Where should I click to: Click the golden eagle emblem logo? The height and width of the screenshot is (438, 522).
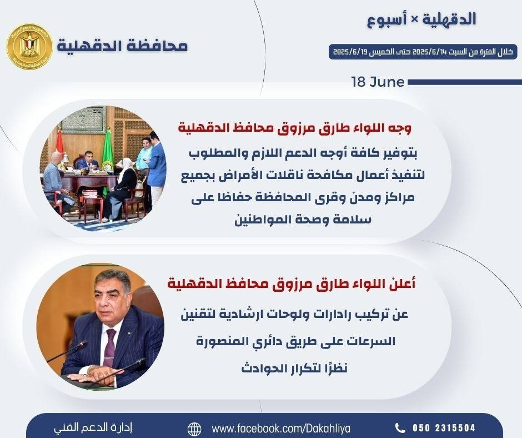tap(29, 47)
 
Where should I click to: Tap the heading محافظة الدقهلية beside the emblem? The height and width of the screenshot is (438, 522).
tap(122, 46)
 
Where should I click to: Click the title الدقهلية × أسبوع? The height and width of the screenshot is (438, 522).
tap(422, 19)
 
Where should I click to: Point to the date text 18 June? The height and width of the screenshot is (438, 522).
tap(378, 82)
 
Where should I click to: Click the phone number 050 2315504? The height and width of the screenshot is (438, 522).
tap(444, 427)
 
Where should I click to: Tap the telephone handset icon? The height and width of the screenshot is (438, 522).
tap(400, 427)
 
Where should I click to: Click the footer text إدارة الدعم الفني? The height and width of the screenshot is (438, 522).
tap(93, 427)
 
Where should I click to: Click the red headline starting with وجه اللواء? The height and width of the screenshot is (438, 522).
tap(295, 129)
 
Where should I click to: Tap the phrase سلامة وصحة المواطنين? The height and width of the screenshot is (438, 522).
tap(303, 220)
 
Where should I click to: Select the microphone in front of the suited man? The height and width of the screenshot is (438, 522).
tap(72, 352)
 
